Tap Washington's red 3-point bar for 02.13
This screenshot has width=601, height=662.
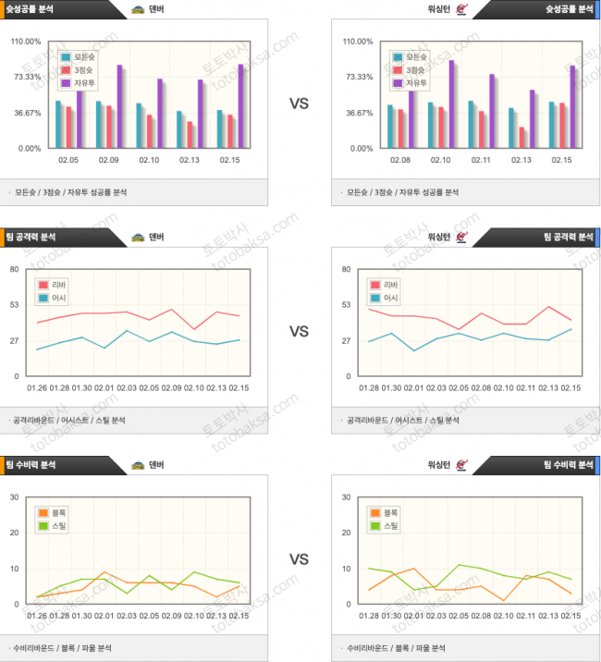[x=521, y=137]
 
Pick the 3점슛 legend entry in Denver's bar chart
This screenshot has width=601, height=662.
[x=78, y=69]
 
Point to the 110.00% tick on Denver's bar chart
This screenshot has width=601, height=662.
[x=26, y=42]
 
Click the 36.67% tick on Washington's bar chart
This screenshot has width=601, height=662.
[x=358, y=113]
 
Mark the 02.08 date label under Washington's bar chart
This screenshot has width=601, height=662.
[x=400, y=161]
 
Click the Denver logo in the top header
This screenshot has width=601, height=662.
[x=138, y=10]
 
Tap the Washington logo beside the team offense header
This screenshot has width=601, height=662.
[x=462, y=237]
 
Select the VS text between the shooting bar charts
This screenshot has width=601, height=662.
[x=299, y=104]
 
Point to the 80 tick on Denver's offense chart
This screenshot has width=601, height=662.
[x=15, y=269]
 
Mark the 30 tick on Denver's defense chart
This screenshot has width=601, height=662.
[x=15, y=496]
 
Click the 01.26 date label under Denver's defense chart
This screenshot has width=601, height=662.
[x=37, y=615]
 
